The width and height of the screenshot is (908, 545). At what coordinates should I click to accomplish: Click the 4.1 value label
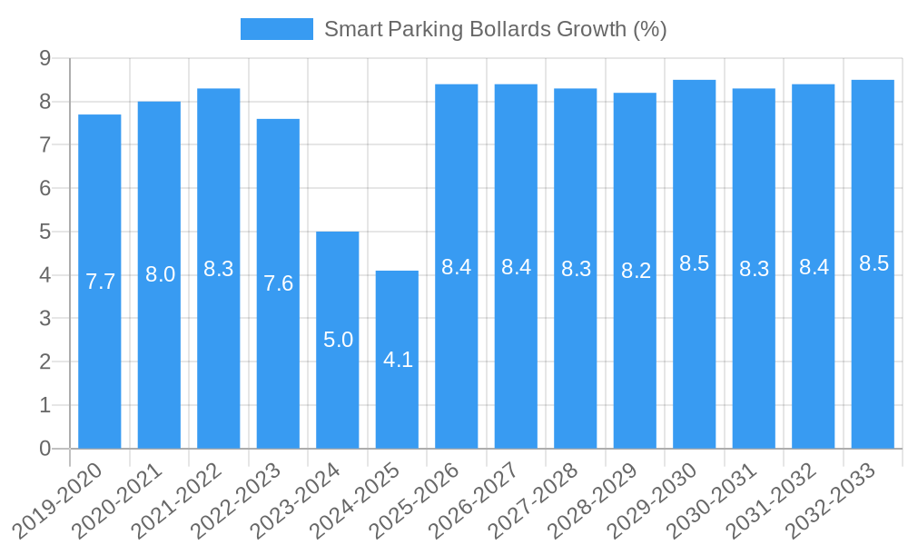coord(398,360)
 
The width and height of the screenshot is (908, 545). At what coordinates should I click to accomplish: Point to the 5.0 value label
coord(338,340)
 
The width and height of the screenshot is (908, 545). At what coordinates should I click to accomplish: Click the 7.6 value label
coord(278,283)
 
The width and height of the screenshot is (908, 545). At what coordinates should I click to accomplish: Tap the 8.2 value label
coord(636,271)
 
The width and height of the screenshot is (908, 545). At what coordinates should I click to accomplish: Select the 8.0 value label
coord(160,274)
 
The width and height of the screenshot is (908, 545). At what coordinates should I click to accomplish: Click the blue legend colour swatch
coord(276,29)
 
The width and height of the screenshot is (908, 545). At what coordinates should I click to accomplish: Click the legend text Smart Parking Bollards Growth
coord(495,29)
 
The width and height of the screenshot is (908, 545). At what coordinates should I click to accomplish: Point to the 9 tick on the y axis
coord(44,58)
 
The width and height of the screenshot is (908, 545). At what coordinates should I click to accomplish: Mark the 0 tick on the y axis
coord(44,449)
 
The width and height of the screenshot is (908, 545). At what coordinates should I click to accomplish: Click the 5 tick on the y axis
coord(44,232)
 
